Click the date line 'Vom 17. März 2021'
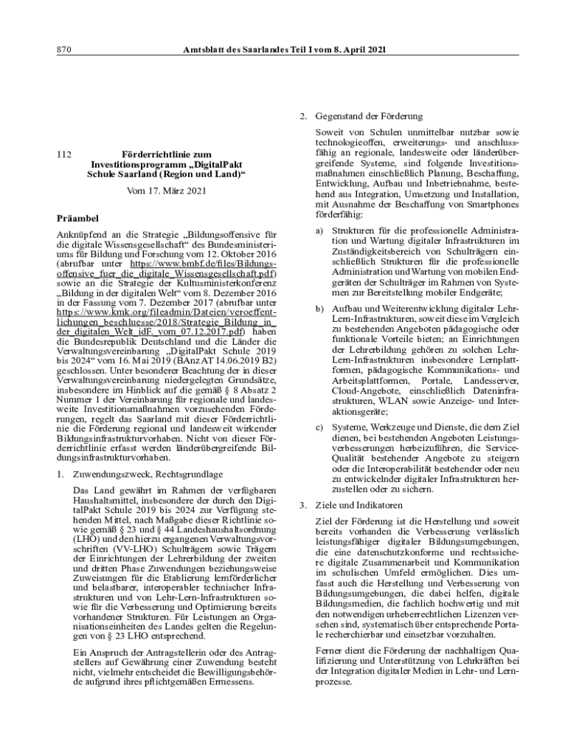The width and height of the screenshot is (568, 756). coord(166,190)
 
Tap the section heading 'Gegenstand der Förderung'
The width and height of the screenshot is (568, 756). coord(369,117)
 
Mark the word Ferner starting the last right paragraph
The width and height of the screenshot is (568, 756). coord(328,650)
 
